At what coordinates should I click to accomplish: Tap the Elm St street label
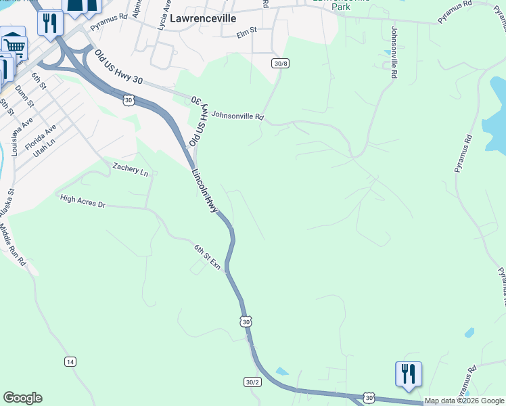248,31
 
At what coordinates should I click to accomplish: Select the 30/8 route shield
281,63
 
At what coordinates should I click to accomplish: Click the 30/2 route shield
252,382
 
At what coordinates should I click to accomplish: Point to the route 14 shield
70,361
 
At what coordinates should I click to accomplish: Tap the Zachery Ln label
131,169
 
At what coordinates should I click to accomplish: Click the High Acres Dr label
83,200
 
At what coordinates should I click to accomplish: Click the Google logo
22,398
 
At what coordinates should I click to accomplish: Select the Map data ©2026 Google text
465,401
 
